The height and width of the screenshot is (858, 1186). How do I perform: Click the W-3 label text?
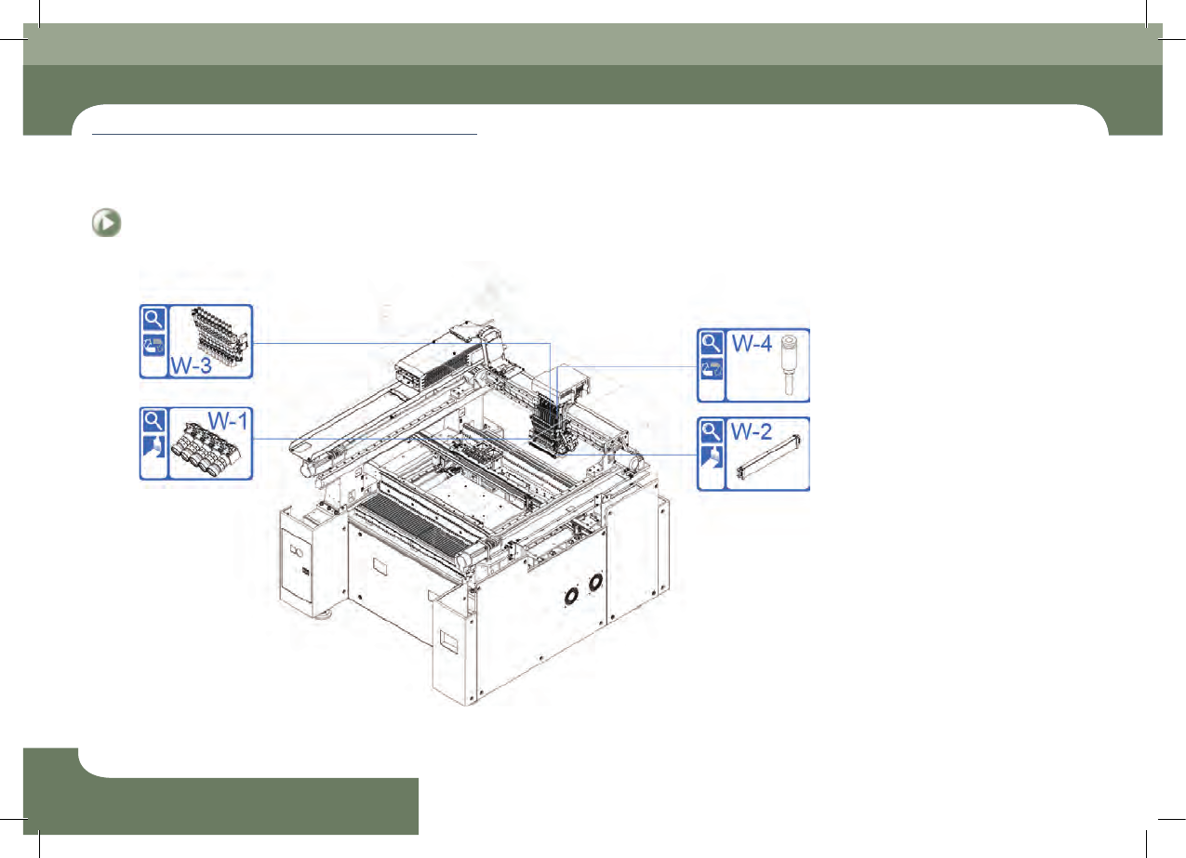(x=191, y=365)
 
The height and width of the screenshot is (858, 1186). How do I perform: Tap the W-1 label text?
(x=228, y=421)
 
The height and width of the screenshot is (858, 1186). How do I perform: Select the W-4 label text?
(x=752, y=343)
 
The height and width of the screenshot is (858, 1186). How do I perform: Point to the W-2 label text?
(x=752, y=431)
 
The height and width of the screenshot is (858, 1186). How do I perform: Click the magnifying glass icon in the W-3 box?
(x=154, y=319)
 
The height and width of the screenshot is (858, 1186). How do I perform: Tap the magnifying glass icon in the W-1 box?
(x=154, y=421)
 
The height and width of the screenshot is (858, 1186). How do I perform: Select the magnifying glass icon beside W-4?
(x=712, y=343)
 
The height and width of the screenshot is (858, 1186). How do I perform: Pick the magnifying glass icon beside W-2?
(x=712, y=431)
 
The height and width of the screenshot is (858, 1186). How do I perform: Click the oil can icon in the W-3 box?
(x=154, y=345)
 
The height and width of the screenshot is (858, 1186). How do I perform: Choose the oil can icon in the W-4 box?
(x=712, y=369)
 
